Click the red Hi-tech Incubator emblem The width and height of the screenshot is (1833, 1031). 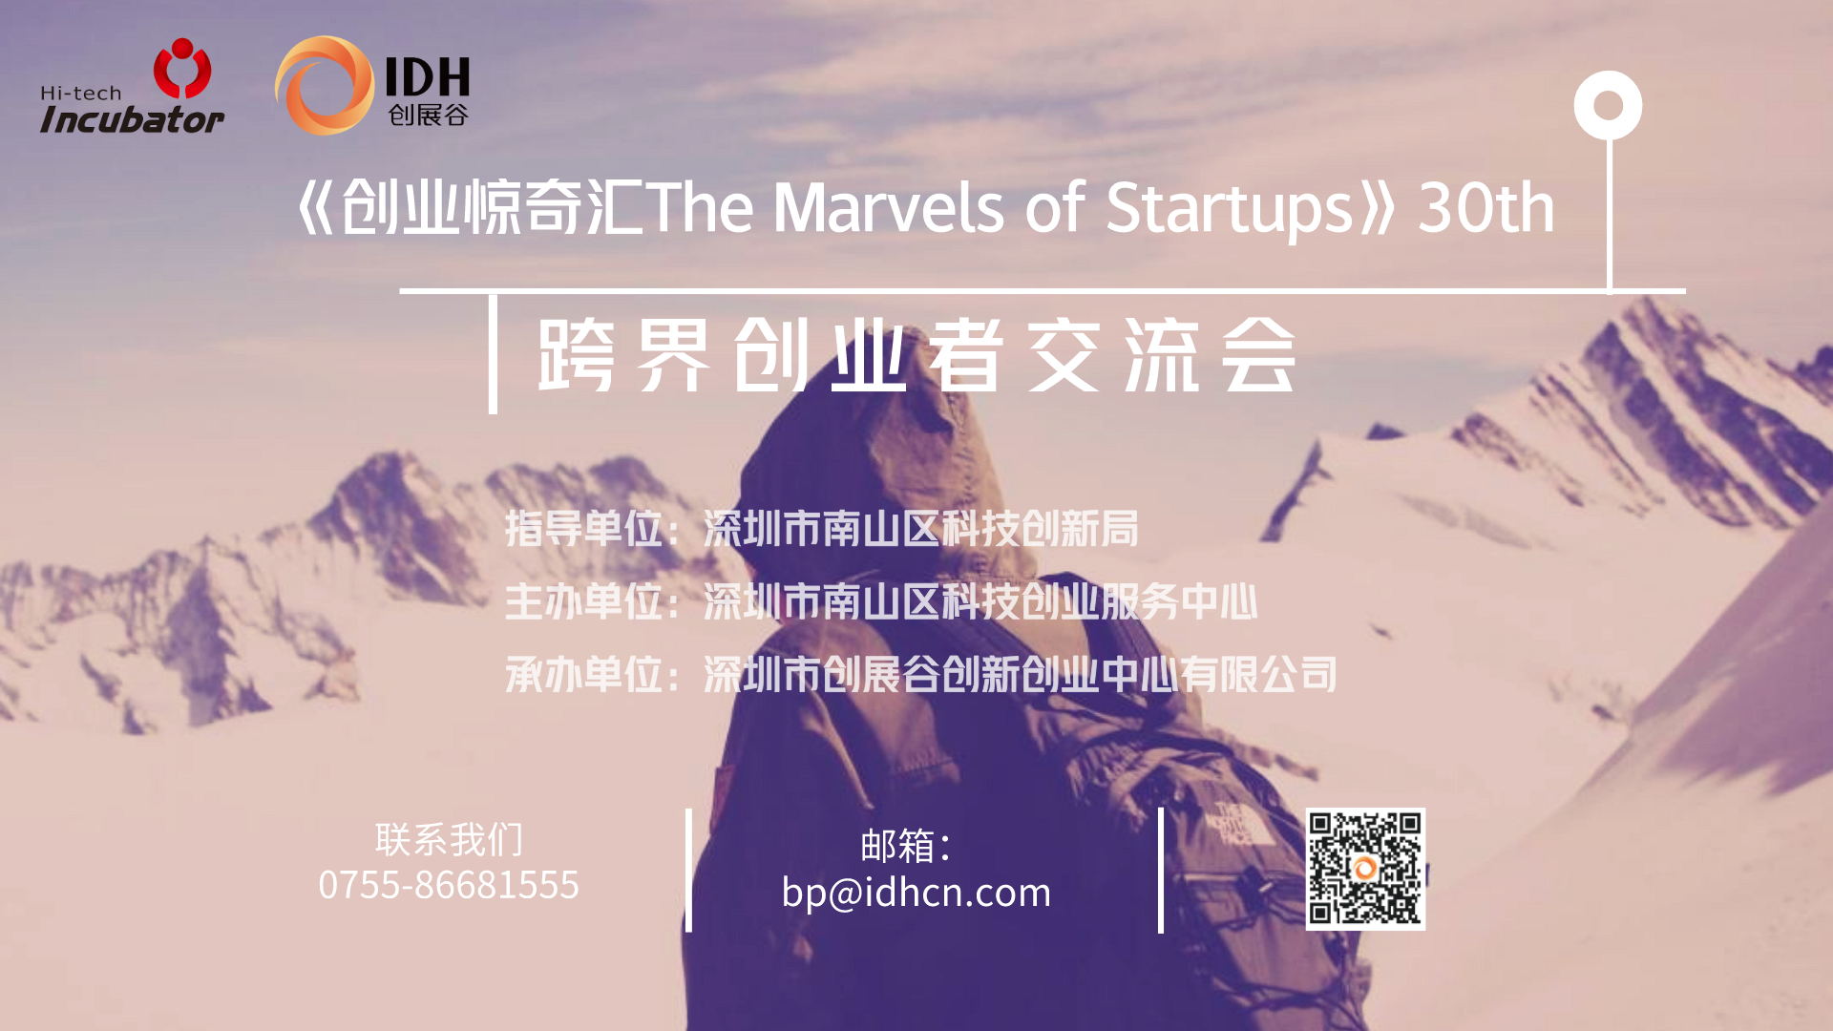(182, 68)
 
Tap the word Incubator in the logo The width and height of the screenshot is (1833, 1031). (132, 119)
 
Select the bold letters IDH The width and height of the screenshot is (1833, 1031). (427, 76)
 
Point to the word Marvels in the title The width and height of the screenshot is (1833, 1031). (888, 208)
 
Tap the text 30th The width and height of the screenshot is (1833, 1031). (1485, 208)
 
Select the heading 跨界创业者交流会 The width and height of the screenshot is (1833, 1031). (916, 355)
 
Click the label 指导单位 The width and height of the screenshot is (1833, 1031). (583, 528)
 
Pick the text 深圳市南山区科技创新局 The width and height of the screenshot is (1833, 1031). (920, 528)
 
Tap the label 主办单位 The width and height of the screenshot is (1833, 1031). (583, 601)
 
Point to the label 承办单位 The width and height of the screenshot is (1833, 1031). (583, 675)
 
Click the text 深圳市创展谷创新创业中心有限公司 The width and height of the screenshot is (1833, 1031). (1020, 675)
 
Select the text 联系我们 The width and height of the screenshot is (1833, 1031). (449, 840)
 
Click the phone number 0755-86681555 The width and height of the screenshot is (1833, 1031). (449, 885)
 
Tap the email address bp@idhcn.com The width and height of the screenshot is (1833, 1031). (916, 893)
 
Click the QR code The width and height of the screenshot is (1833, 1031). (1365, 869)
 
